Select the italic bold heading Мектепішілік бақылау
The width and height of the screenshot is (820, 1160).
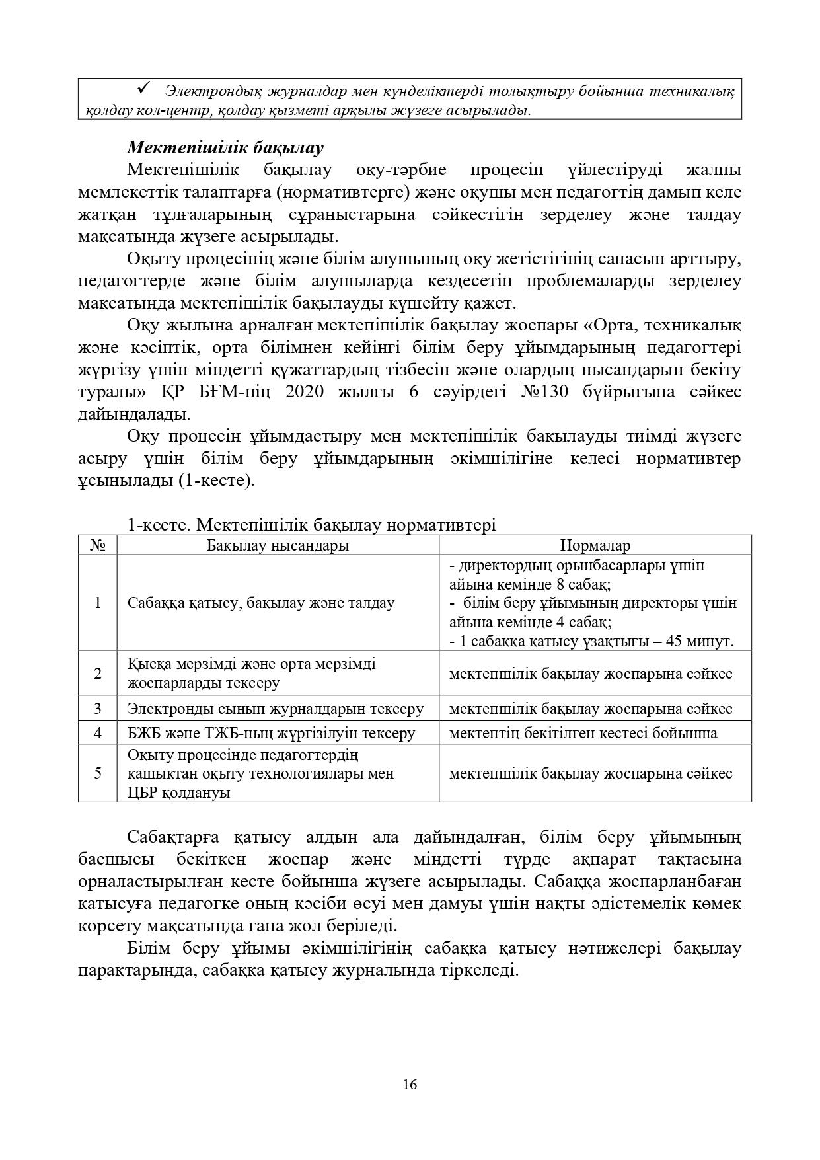tap(225, 147)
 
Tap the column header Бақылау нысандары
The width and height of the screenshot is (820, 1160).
tap(278, 545)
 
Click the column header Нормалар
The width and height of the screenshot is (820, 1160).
tap(595, 545)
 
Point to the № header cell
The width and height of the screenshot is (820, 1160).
tap(98, 545)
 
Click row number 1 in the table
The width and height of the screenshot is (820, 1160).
tap(98, 603)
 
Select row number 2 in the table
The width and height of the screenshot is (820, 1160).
tap(98, 674)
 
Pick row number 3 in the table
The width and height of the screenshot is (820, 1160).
tap(98, 709)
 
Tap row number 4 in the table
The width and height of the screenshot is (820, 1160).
tap(98, 732)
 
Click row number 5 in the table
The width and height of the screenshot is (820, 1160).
tap(98, 773)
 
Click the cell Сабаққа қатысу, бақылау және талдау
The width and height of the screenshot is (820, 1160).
tap(261, 603)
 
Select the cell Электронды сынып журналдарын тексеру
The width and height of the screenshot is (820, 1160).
tap(276, 709)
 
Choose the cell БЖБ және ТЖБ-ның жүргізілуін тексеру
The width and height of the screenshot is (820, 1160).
tap(272, 732)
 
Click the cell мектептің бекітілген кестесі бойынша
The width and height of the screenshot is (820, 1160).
tap(583, 732)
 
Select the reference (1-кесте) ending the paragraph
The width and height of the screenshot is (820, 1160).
tap(215, 481)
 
